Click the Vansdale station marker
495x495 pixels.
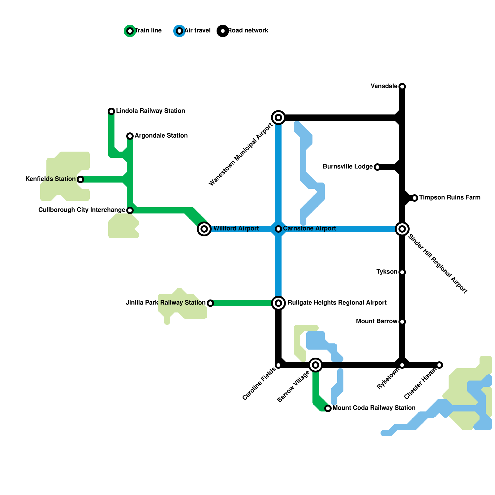pos(402,86)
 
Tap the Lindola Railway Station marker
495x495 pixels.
pos(111,111)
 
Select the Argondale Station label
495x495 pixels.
pos(161,136)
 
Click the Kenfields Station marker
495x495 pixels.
pos(80,179)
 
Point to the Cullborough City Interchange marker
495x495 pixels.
pos(130,210)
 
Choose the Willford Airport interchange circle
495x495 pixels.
pos(204,229)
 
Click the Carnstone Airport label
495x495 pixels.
pos(309,228)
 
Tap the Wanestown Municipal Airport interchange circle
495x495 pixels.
pos(278,118)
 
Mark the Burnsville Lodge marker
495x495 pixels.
pos(377,167)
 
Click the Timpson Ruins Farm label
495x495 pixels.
pos(450,197)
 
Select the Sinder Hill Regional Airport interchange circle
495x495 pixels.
pos(402,229)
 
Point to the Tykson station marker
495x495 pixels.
pos(402,272)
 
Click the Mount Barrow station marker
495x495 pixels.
pos(402,322)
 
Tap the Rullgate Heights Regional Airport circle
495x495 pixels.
pos(278,303)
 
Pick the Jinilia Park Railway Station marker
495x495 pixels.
pos(210,303)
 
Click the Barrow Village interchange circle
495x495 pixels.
pos(316,365)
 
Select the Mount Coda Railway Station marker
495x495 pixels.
pos(328,408)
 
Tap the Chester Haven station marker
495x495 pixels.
pos(439,365)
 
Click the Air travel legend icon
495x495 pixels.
pos(179,31)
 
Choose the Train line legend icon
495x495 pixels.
pos(130,31)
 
